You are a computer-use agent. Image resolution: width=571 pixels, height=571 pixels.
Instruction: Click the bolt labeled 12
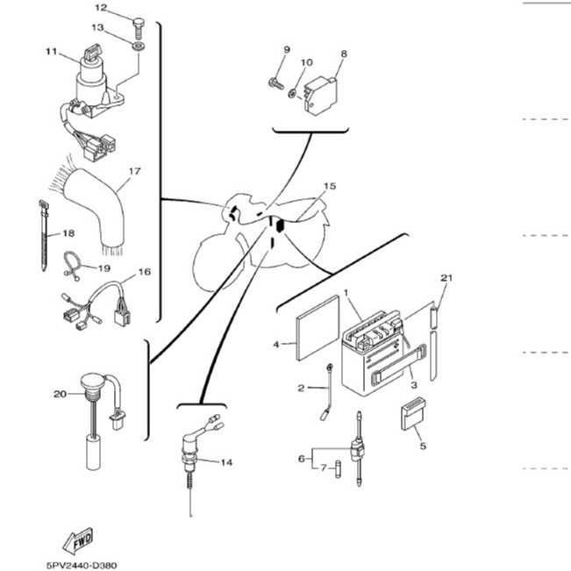tap(139, 28)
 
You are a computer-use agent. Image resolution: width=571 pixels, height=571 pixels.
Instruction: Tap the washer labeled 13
tap(139, 46)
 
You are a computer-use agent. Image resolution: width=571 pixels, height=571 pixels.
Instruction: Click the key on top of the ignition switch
tap(92, 52)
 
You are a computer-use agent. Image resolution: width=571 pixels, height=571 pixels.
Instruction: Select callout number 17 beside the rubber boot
tap(134, 171)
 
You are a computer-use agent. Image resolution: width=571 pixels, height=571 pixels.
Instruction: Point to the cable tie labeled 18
tap(44, 235)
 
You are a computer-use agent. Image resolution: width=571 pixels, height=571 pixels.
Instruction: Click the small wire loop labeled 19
tap(72, 266)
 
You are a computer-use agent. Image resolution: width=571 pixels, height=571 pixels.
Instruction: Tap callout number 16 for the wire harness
tap(144, 272)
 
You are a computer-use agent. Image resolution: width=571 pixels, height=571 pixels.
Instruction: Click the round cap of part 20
tap(92, 381)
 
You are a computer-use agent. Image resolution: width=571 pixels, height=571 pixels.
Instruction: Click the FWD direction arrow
tap(78, 541)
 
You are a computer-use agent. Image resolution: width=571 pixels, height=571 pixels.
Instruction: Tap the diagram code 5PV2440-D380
tap(82, 565)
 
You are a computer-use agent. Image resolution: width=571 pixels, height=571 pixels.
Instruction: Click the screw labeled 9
tap(275, 83)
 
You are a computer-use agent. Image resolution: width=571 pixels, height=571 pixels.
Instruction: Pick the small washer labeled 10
tap(292, 94)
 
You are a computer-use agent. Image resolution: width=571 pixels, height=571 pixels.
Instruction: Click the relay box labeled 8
tap(320, 96)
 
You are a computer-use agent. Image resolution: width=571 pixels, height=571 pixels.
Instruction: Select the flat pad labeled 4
tap(318, 328)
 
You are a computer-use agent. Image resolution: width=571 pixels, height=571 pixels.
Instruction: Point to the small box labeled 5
tap(413, 413)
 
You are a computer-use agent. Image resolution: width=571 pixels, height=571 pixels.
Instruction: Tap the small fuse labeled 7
tap(339, 469)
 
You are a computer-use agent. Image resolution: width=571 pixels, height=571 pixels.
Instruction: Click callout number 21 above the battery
tap(446, 278)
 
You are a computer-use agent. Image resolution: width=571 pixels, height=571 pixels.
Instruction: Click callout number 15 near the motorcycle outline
tap(330, 186)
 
